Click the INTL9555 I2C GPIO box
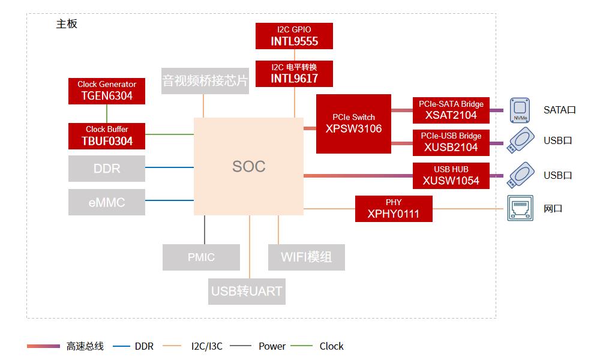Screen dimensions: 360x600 294,36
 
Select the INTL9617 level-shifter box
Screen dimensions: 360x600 294,73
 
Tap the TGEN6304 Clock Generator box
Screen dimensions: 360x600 107,91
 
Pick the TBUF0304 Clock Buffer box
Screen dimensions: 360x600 107,136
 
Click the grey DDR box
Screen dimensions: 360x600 107,169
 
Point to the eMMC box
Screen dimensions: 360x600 107,202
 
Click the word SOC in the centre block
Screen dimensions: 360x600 248,166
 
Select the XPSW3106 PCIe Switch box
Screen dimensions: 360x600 353,124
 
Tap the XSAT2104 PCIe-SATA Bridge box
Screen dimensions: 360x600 451,110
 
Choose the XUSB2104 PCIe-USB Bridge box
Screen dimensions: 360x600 451,142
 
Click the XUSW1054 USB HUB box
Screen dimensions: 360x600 451,175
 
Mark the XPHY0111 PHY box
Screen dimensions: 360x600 394,208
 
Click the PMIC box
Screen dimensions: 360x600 201,257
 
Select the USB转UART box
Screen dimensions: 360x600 247,292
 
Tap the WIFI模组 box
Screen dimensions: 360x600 306,257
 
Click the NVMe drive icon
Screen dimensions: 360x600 520,110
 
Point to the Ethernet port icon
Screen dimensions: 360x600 520,208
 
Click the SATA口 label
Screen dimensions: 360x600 559,110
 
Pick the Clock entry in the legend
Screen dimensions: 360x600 331,346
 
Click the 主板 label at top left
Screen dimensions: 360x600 67,24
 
